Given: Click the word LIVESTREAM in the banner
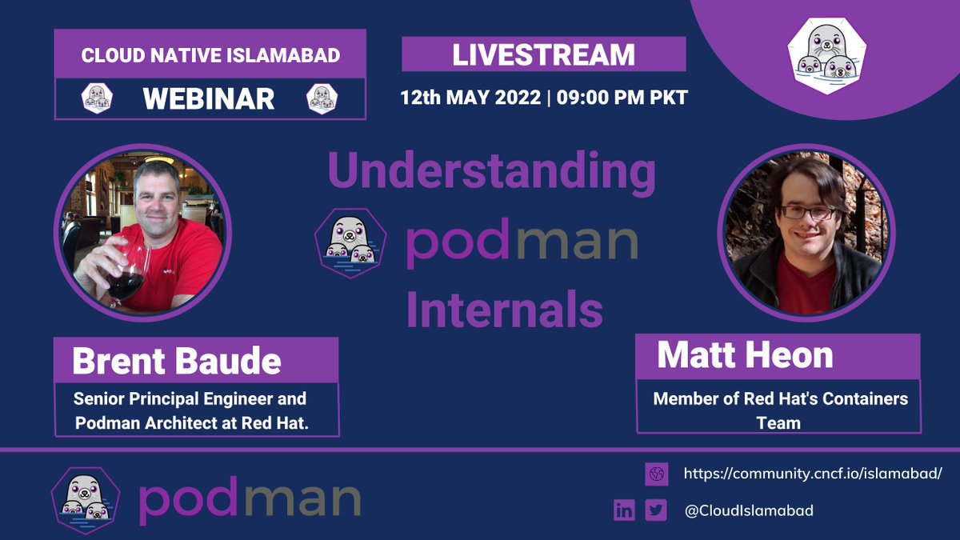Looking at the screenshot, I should click(543, 54).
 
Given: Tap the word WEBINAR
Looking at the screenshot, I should click(209, 98).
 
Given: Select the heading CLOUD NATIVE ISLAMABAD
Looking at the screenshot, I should click(210, 56).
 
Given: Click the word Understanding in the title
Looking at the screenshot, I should click(491, 172).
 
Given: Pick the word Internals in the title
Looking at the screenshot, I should click(504, 310).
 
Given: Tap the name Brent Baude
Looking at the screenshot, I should click(177, 362).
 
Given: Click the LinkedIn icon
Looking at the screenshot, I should click(624, 510).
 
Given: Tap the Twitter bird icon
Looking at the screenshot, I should click(656, 510).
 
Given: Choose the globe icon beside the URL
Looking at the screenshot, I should click(656, 474).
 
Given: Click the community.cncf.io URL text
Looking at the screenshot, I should click(812, 474).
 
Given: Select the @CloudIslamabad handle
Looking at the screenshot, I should click(748, 510).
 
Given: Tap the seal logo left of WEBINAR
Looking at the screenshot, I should click(97, 98).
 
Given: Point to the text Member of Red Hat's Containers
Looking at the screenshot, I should click(780, 398).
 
